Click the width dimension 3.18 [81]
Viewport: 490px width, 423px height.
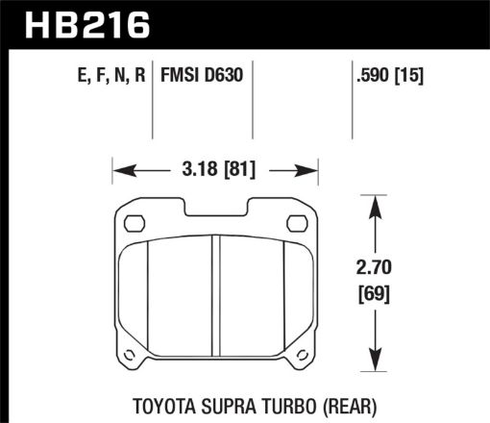point(216,173)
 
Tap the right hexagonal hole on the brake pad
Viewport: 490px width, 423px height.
point(298,223)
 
